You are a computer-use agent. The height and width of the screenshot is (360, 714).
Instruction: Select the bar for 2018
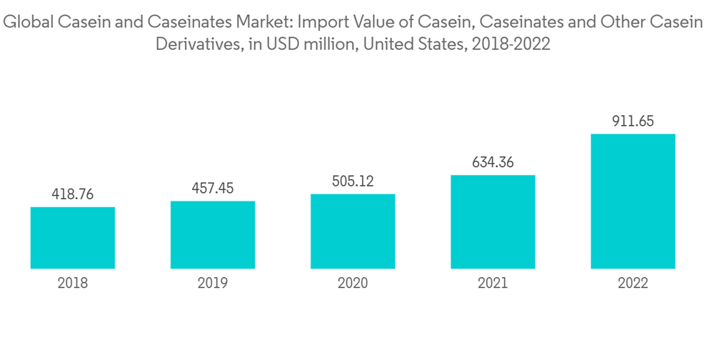click(73, 238)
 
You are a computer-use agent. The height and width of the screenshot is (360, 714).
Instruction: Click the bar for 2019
click(213, 235)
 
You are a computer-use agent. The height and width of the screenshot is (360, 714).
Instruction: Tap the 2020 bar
click(353, 231)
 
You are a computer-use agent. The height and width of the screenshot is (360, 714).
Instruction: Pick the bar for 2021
click(493, 221)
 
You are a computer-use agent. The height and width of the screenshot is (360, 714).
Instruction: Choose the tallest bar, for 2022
click(633, 201)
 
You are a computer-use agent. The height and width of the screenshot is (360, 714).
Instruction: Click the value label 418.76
click(73, 194)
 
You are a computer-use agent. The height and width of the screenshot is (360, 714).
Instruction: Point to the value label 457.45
click(213, 189)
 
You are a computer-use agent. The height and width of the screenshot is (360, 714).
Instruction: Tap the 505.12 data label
click(353, 181)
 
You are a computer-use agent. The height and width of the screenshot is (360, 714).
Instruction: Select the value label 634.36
click(493, 162)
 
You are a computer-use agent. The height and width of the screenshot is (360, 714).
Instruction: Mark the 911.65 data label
click(633, 121)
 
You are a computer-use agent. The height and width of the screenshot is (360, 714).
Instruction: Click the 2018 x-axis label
click(73, 284)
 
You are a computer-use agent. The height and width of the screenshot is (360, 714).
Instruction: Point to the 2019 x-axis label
click(213, 284)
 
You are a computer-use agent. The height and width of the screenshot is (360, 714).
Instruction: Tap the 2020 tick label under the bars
click(353, 284)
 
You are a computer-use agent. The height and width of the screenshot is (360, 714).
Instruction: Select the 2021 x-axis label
click(493, 284)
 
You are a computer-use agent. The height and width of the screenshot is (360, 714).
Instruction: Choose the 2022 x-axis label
click(633, 284)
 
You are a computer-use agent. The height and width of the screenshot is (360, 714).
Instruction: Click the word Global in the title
click(28, 23)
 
